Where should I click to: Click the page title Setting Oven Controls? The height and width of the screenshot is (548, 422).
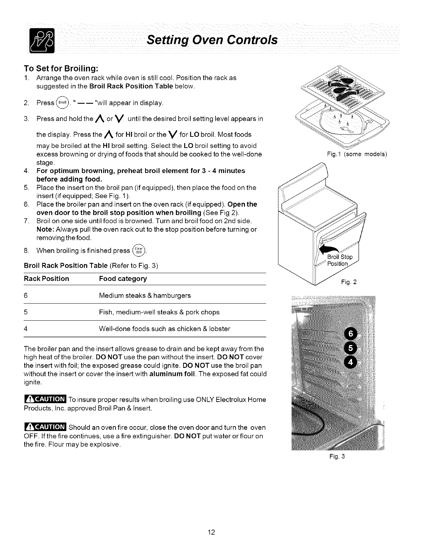pos(212,40)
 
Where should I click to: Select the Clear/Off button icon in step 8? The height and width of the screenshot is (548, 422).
pos(140,251)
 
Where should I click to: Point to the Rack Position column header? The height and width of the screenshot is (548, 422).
pos(46,279)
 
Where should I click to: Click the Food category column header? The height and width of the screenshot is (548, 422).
pos(123,279)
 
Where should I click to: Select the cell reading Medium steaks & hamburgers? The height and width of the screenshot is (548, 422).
pos(145,296)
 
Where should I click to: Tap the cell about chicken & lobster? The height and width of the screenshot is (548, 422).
pos(164,329)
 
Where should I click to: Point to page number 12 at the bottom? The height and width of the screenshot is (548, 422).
pos(211,532)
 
